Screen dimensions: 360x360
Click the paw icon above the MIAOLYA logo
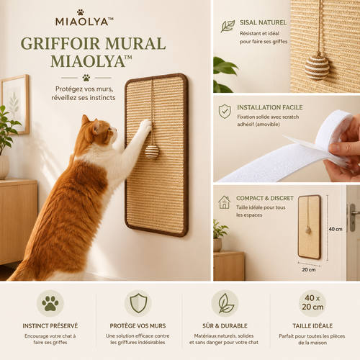pos(81,12)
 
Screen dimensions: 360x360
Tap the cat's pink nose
pos(116,130)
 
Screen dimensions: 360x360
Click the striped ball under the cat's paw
pos(152,151)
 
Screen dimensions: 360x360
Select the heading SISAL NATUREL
pos(263,22)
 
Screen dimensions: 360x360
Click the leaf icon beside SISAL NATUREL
pos(228,26)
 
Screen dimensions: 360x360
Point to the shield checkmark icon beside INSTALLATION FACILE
pos(225,111)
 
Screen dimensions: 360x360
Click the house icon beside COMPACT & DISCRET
pos(224,202)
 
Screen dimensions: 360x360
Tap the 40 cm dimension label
pos(336,229)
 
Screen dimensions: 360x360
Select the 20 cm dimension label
pos(309,270)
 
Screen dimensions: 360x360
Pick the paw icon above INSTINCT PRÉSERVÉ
pos(50,303)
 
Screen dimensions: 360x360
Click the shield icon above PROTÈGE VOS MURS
pos(138,303)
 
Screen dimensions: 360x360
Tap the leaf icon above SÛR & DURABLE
pos(225,303)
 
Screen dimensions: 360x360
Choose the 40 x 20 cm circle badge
pos(312,303)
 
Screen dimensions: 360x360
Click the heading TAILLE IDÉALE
pos(312,325)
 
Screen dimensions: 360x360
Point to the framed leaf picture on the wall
pos(15,104)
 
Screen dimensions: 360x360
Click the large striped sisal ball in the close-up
pos(317,68)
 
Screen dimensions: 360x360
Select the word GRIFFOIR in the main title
pos(60,43)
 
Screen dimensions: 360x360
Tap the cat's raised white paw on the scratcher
pos(145,126)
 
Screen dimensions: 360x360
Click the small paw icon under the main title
pos(86,78)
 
